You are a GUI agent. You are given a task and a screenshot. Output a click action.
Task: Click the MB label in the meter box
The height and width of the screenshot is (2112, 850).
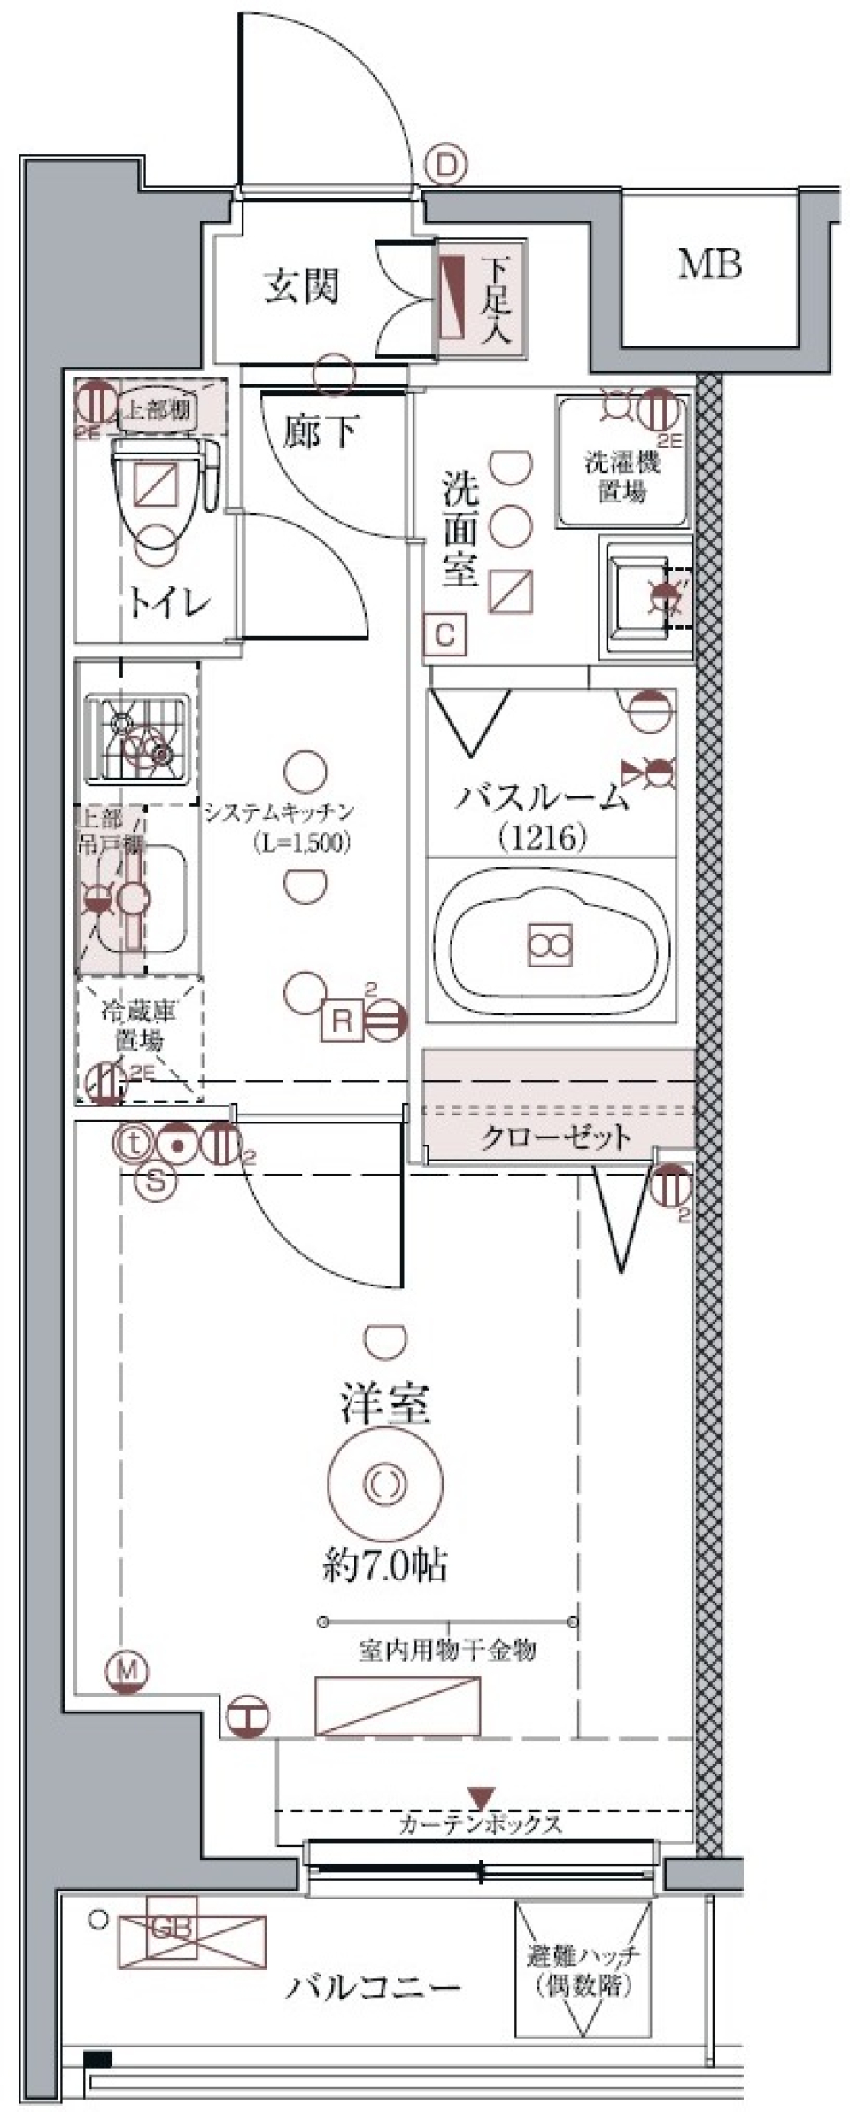click(709, 264)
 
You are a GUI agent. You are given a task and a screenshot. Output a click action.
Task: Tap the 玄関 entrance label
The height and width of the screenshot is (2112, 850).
click(301, 286)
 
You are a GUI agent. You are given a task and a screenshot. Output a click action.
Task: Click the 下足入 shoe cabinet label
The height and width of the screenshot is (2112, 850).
click(497, 299)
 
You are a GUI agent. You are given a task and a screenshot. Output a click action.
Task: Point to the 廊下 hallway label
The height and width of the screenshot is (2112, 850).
click(320, 431)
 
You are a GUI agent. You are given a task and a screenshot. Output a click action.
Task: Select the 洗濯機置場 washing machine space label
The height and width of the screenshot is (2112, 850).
click(622, 476)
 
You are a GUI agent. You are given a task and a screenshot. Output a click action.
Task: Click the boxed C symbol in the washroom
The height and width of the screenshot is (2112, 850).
click(445, 635)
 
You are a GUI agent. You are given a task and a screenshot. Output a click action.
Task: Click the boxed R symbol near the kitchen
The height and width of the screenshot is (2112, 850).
click(342, 1021)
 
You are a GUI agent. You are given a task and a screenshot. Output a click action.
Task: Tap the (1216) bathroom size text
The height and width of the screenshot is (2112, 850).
click(543, 837)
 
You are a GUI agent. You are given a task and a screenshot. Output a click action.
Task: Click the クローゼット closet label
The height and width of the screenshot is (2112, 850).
click(556, 1137)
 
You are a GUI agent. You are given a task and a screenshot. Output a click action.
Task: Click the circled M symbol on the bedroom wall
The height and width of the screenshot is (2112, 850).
click(128, 1671)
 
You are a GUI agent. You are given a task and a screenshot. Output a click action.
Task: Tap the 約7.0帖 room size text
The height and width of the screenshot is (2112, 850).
click(385, 1566)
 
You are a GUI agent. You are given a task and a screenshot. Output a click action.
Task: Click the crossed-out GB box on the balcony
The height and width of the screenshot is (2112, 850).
click(193, 1939)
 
